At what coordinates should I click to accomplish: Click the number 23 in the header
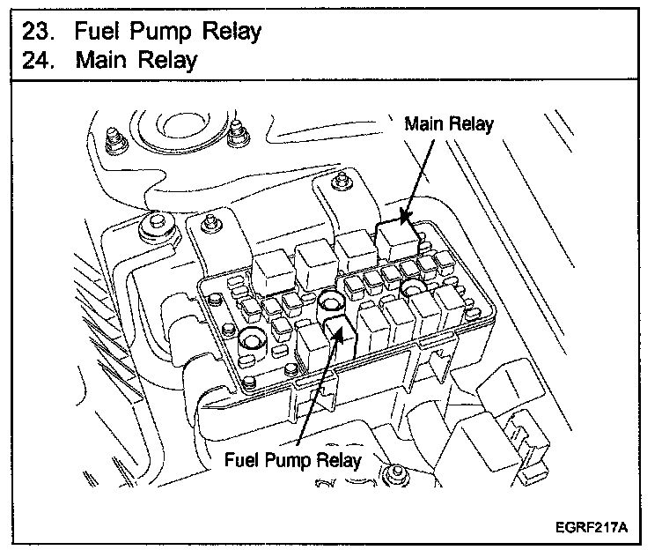point(38,31)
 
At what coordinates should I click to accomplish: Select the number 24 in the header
point(38,60)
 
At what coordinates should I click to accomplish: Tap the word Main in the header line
point(101,60)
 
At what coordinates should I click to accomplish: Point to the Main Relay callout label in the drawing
point(449,124)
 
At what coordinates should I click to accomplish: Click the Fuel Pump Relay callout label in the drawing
point(292,459)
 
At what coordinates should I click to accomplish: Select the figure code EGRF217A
point(591,527)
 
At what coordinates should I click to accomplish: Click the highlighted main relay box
point(398,239)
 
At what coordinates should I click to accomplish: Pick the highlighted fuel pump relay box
point(340,336)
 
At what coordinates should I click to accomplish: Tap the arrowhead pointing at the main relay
point(406,217)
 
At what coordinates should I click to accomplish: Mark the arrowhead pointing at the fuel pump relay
point(338,333)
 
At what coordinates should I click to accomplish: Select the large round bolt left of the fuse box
point(156,228)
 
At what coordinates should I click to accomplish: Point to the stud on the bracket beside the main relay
point(341,181)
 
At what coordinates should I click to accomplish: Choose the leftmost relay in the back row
point(274,271)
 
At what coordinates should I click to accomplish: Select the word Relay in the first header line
point(232,32)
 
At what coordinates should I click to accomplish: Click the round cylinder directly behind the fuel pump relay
point(331,301)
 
